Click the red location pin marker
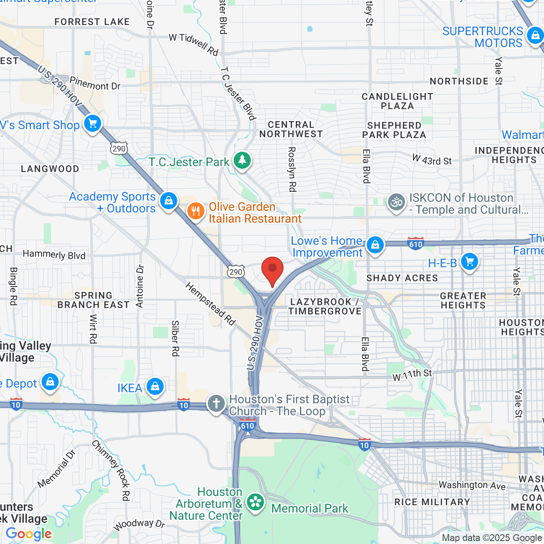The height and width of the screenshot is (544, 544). click(x=272, y=270)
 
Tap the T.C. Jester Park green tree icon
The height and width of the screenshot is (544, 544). click(x=242, y=161)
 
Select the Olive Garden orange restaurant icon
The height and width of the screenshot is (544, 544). click(x=195, y=210)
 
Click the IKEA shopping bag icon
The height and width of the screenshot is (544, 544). click(x=155, y=387)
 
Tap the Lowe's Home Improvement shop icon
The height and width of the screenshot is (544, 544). click(x=375, y=245)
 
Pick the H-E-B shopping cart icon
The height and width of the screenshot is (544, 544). click(x=469, y=262)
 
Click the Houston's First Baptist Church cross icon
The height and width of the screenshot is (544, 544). click(x=216, y=403)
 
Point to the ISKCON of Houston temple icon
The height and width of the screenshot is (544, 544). click(x=396, y=203)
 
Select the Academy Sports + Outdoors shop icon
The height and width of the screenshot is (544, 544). click(x=169, y=201)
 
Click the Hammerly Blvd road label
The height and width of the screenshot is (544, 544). click(x=54, y=255)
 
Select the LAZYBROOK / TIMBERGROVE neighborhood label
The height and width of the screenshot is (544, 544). click(x=325, y=306)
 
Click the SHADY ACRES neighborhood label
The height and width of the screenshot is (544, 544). click(x=402, y=278)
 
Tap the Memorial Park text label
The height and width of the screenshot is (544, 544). click(x=309, y=508)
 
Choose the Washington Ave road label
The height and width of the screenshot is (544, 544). click(x=472, y=485)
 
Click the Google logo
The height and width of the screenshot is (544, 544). click(x=29, y=534)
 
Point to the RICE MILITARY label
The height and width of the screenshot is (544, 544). click(x=432, y=502)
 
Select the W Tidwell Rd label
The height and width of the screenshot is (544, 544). click(x=193, y=44)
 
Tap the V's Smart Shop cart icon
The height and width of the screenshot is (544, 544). click(x=93, y=124)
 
